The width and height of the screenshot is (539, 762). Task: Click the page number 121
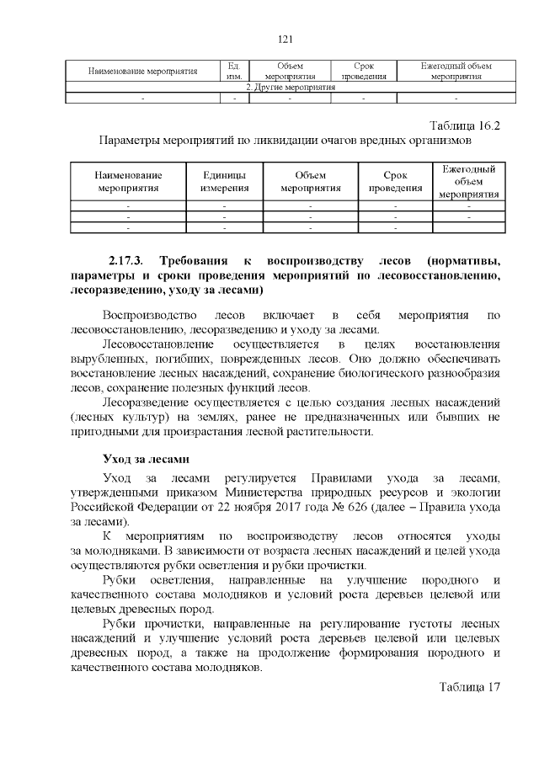coord(284,39)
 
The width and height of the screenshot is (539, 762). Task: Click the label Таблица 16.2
coord(465,125)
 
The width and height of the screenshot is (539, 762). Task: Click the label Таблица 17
coord(470,685)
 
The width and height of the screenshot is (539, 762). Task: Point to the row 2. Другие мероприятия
coord(284,88)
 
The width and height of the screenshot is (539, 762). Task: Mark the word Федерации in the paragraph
coord(159,508)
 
